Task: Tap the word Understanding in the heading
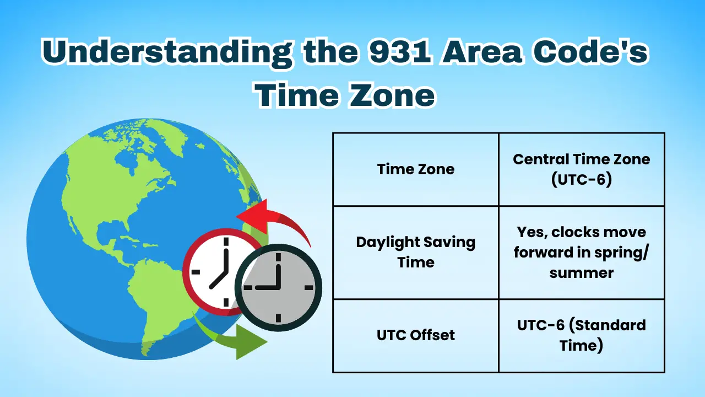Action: pyautogui.click(x=165, y=53)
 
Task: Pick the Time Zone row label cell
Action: pyautogui.click(x=416, y=169)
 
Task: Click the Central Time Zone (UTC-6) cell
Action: pyautogui.click(x=582, y=169)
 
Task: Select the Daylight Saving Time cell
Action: pyautogui.click(x=416, y=253)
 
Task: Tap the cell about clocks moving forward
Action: pyautogui.click(x=582, y=253)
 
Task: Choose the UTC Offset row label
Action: pyautogui.click(x=416, y=335)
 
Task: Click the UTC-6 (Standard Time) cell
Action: pyautogui.click(x=582, y=335)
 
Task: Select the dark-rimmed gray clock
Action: pyautogui.click(x=279, y=287)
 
